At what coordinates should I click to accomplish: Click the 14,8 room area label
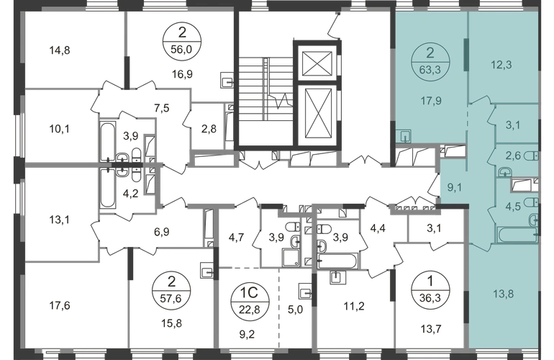(x=60, y=50)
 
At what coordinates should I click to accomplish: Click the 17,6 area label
(x=60, y=305)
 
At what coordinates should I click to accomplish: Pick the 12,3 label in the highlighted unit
(x=501, y=65)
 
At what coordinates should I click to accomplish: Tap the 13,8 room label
(x=503, y=294)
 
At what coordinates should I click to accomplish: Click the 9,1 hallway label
(x=455, y=187)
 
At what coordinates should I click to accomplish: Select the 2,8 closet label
(x=209, y=129)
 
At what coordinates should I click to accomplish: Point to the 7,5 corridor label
(x=161, y=108)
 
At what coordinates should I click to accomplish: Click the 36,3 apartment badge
(x=430, y=290)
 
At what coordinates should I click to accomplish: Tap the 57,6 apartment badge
(x=171, y=290)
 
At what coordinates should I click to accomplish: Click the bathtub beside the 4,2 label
(x=107, y=188)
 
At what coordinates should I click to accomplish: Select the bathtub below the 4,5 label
(x=517, y=235)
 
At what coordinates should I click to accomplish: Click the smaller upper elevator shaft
(x=317, y=63)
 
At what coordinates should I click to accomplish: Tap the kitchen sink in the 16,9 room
(x=227, y=80)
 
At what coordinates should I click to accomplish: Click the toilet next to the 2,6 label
(x=531, y=156)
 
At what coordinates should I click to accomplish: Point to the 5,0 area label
(x=295, y=310)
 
